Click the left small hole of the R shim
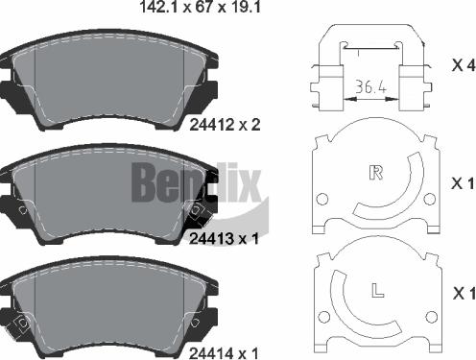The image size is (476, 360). coord(322,200)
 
